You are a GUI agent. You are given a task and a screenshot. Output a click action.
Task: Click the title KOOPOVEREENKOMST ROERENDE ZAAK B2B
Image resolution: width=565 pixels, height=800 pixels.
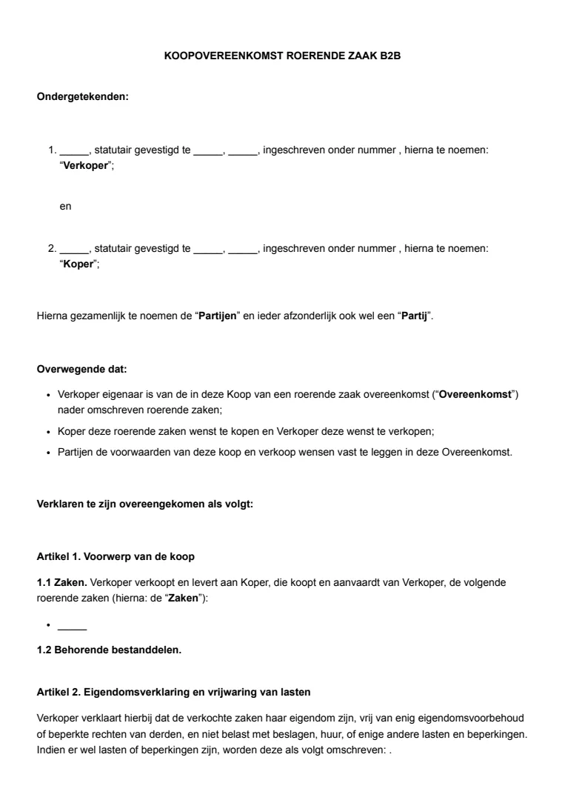(282, 56)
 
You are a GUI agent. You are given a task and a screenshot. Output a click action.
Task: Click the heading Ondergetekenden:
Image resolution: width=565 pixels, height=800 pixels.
(83, 96)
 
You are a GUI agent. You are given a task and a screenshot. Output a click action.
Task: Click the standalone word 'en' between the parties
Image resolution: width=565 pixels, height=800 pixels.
(65, 207)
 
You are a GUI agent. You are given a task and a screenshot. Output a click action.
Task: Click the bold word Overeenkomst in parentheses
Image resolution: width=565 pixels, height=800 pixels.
(475, 394)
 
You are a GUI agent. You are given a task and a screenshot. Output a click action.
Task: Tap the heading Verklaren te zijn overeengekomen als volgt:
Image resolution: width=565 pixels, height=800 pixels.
(145, 504)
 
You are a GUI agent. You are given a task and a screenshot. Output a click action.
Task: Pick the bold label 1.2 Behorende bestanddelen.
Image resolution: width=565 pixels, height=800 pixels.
(109, 650)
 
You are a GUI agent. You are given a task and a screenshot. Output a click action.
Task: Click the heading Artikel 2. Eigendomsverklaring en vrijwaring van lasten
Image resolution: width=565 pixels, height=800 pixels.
(173, 692)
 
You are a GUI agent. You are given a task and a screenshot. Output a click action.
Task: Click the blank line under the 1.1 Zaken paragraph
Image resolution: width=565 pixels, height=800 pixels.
(72, 628)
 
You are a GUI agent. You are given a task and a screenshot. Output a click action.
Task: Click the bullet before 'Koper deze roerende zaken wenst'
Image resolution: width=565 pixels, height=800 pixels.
(47, 431)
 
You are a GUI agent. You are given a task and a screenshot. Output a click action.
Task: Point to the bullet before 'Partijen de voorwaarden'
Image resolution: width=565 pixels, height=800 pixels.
(47, 452)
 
